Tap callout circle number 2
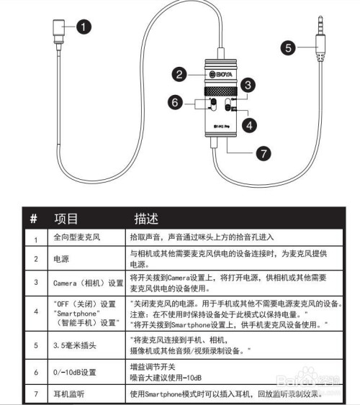pos(180,73)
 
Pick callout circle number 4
pos(247,123)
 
